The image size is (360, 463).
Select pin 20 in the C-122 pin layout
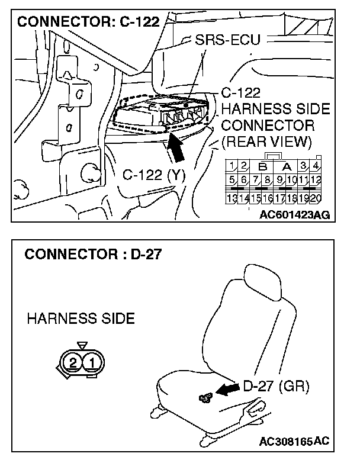316,198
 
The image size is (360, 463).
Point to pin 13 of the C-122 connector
233,198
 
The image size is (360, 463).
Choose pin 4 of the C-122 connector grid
317,165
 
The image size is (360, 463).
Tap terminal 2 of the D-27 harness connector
73,361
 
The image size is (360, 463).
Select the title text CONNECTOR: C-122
89,22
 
